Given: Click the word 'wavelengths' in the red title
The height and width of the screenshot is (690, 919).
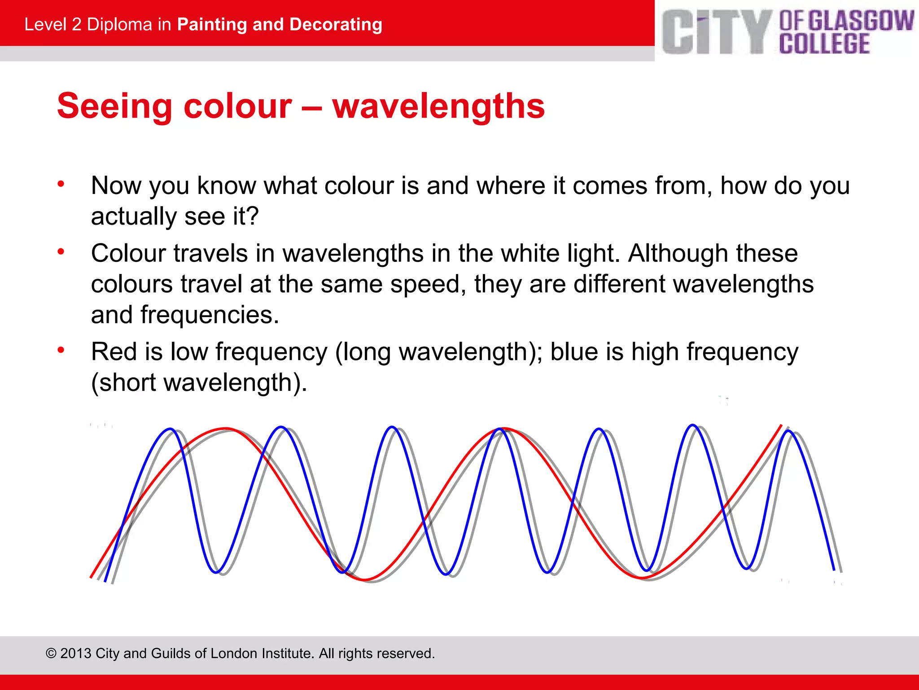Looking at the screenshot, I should pos(438,107).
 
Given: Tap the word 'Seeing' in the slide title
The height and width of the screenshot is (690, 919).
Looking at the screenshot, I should pos(114,107).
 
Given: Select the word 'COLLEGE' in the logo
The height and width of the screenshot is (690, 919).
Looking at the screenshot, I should pos(824,44).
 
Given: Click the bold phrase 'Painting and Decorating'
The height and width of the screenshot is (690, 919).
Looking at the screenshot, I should pos(280,24).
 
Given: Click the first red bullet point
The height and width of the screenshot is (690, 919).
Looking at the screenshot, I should pos(61,184).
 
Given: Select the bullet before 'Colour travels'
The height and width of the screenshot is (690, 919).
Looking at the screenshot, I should pos(61,252).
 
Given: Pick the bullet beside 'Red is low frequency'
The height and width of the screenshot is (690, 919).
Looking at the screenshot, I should pos(61,350).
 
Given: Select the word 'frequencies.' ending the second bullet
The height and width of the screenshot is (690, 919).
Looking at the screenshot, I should pos(210,315).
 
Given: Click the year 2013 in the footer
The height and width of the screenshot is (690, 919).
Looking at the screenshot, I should pos(75,653).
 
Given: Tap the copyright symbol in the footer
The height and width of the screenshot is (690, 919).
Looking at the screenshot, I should pos(51,653).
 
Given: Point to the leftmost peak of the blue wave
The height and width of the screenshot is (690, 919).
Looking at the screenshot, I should pos(171,429).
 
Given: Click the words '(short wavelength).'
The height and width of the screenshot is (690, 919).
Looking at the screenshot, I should pos(199,383).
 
